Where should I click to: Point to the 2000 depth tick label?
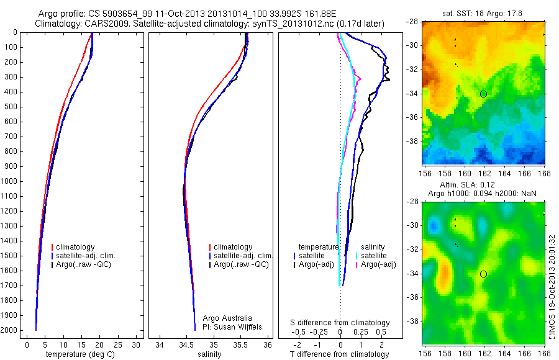point(10,330)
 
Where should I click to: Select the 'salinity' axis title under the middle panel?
point(209,354)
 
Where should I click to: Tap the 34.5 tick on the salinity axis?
point(186,344)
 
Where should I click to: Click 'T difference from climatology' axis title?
point(340,354)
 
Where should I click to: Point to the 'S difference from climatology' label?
point(340,323)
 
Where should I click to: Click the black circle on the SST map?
point(483,94)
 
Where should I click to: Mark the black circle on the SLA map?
point(483,274)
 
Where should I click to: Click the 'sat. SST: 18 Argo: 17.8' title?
point(483,12)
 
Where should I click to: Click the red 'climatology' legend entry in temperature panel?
point(76,247)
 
